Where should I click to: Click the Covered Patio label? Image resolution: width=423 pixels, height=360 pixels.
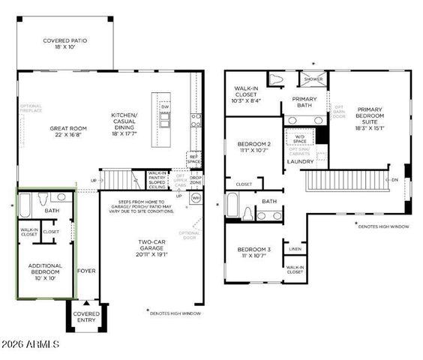[x=65, y=43]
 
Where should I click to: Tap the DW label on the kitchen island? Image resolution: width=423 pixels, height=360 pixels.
[x=164, y=107]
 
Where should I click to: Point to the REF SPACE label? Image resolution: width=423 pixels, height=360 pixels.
[x=193, y=160]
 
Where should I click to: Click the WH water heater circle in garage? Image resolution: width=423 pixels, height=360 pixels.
[x=196, y=198]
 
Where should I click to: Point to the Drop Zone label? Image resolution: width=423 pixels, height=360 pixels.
[x=195, y=180]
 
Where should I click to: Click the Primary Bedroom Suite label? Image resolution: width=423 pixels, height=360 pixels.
[x=370, y=117]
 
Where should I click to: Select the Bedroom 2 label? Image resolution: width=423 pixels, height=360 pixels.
[x=253, y=148]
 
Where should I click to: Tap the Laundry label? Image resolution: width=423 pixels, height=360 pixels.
[x=300, y=160]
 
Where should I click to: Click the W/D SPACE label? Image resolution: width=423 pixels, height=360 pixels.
[x=300, y=138]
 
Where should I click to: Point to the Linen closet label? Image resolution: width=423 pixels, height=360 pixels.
[x=295, y=248]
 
